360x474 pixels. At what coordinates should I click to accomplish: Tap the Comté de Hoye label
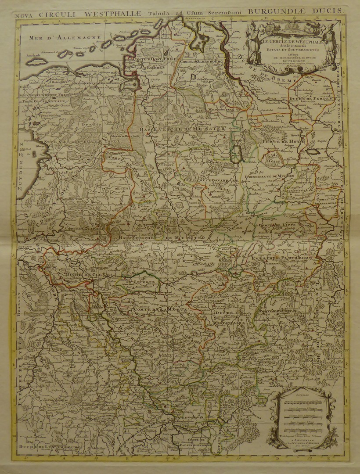coord(279,142)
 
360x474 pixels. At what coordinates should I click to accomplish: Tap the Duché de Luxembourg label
coord(49,446)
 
